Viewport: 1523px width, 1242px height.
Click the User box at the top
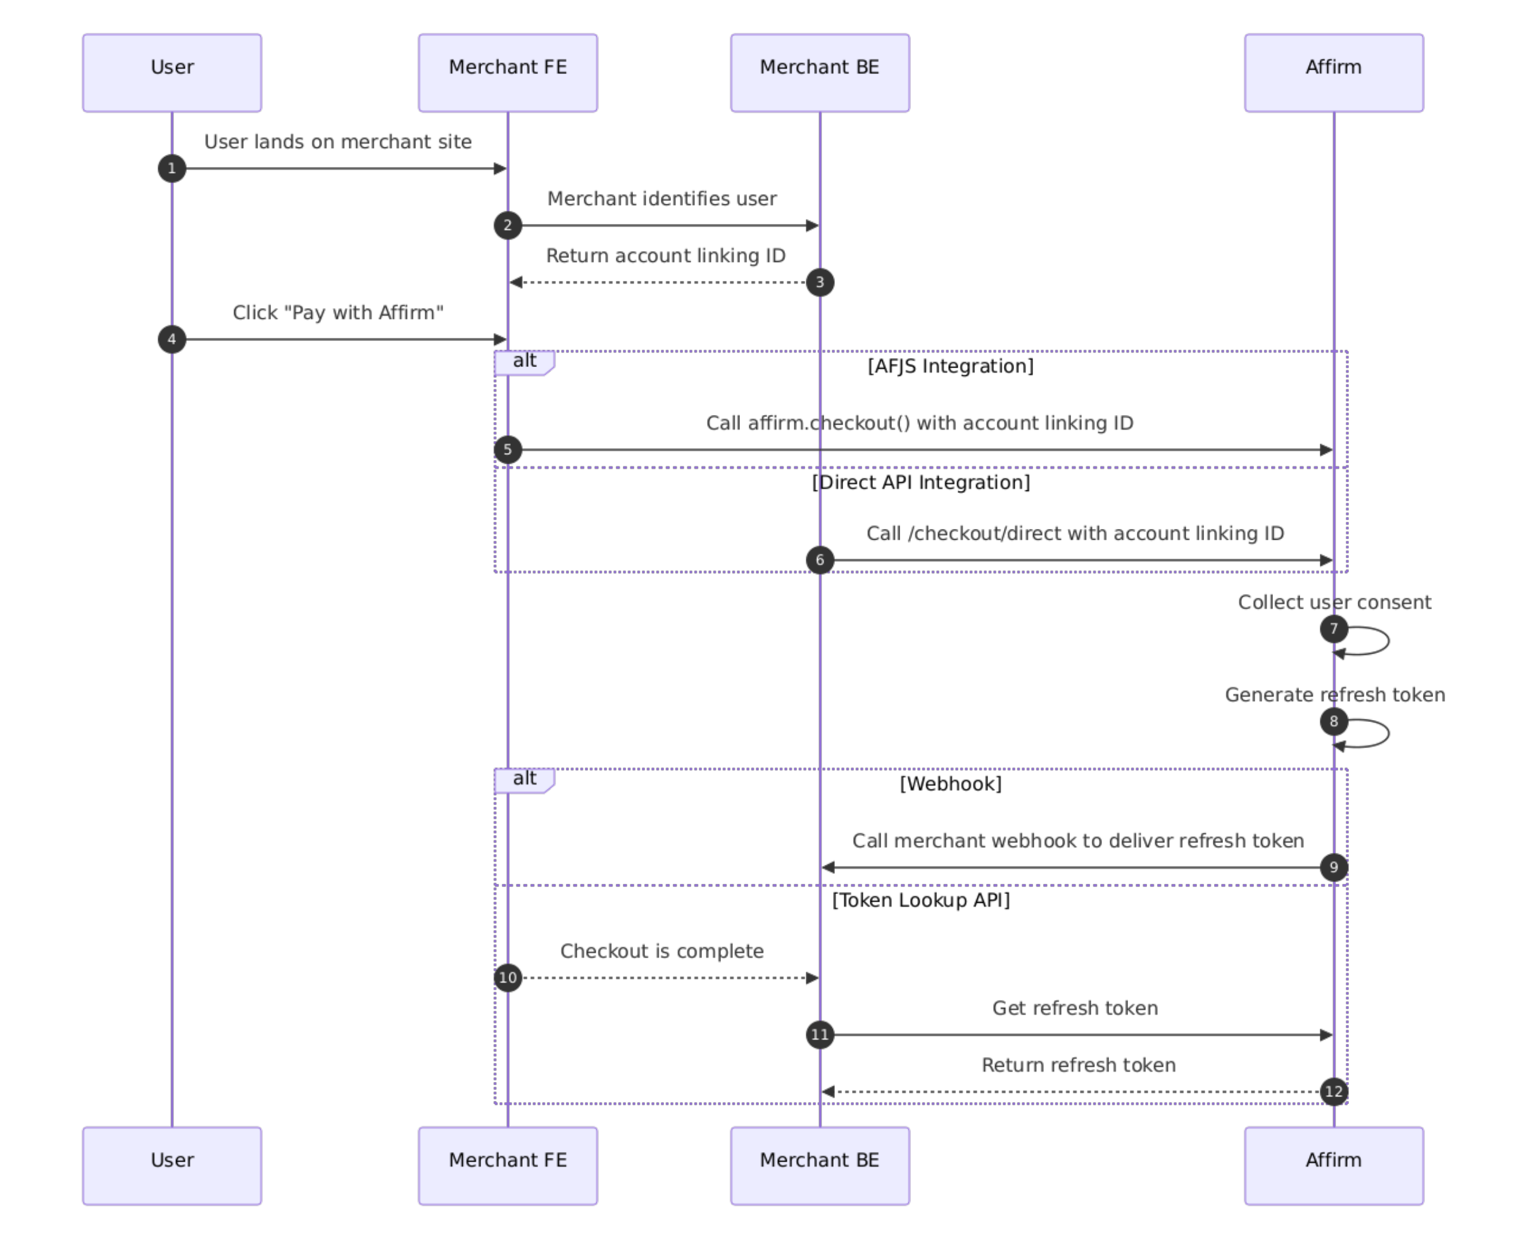coord(172,73)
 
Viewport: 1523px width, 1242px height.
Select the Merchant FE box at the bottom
coord(508,1166)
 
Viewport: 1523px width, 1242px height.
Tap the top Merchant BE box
coord(820,73)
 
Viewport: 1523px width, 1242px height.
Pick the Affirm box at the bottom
coord(1334,1166)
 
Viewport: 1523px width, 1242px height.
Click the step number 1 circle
coord(172,169)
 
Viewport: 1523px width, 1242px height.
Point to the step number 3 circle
coord(820,283)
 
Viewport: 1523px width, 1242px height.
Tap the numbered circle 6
coord(820,560)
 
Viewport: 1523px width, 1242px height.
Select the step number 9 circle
coord(1334,868)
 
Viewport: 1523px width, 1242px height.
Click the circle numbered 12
coord(1334,1093)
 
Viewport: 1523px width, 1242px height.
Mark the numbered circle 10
coord(508,978)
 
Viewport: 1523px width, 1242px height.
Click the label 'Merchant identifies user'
coord(662,199)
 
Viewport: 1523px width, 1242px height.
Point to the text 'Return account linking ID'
coord(665,256)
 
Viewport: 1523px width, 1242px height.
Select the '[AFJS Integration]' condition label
coord(950,366)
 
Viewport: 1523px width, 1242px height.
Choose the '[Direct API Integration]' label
coord(921,483)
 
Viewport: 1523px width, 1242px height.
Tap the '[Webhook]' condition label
coord(950,784)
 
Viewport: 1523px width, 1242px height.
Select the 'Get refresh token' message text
coord(1075,1009)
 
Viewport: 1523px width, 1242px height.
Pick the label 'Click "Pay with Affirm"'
coord(338,313)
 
